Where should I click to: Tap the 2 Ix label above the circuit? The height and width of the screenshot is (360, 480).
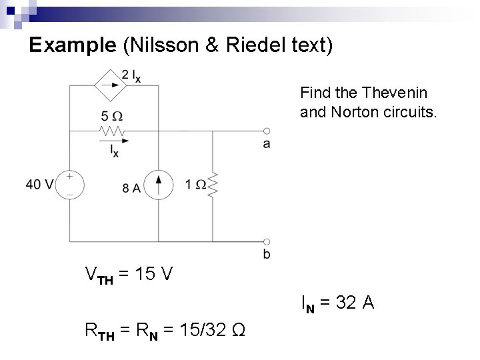[131, 75]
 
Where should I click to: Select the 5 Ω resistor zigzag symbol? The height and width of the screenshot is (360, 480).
[112, 131]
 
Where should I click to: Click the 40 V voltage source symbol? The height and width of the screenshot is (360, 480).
[69, 185]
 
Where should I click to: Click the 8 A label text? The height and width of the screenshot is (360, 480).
[131, 188]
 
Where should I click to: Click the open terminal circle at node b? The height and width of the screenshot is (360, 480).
[267, 241]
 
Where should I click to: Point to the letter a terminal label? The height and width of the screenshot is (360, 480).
[267, 144]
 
